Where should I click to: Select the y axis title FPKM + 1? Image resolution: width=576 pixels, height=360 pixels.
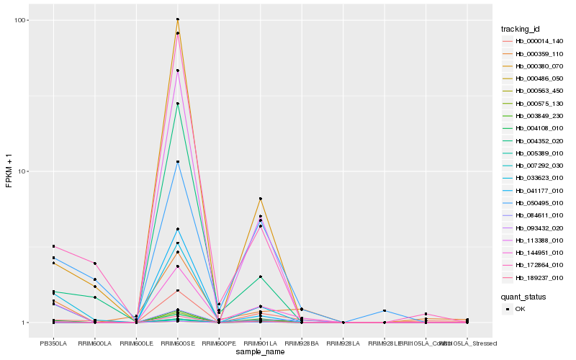[9, 171]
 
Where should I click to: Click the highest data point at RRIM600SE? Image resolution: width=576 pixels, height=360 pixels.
[178, 19]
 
